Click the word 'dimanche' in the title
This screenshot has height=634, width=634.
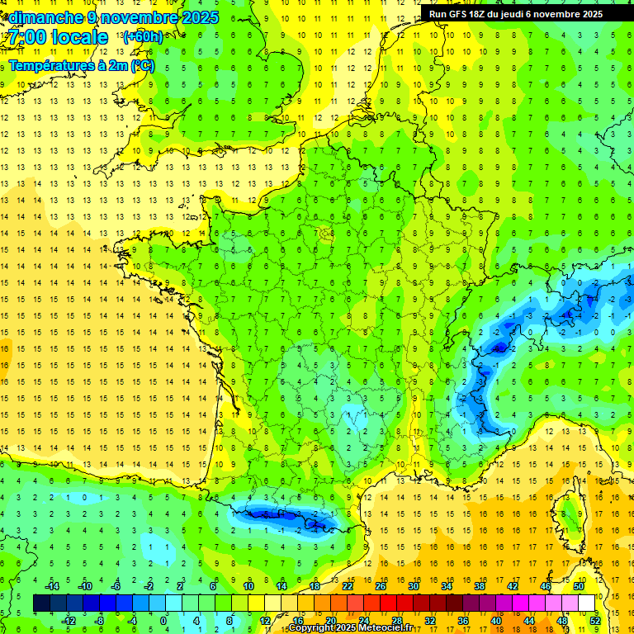pos(43,17)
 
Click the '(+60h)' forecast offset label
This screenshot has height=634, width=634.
pos(143,37)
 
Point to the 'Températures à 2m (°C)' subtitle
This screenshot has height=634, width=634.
pos(81,66)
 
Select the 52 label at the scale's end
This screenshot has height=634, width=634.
pos(595,620)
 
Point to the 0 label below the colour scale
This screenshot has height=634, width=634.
pos(163,620)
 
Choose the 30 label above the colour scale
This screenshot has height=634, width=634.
pos(413,586)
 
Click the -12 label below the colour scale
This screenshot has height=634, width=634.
pos(69,620)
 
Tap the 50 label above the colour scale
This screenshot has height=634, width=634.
pos(578,586)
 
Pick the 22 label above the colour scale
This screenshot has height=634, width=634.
pos(348,586)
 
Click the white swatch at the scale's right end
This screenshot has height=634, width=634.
pos(587,603)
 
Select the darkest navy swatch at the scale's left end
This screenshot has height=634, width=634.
pos(41,603)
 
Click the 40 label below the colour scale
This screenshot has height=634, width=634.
pos(496,620)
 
